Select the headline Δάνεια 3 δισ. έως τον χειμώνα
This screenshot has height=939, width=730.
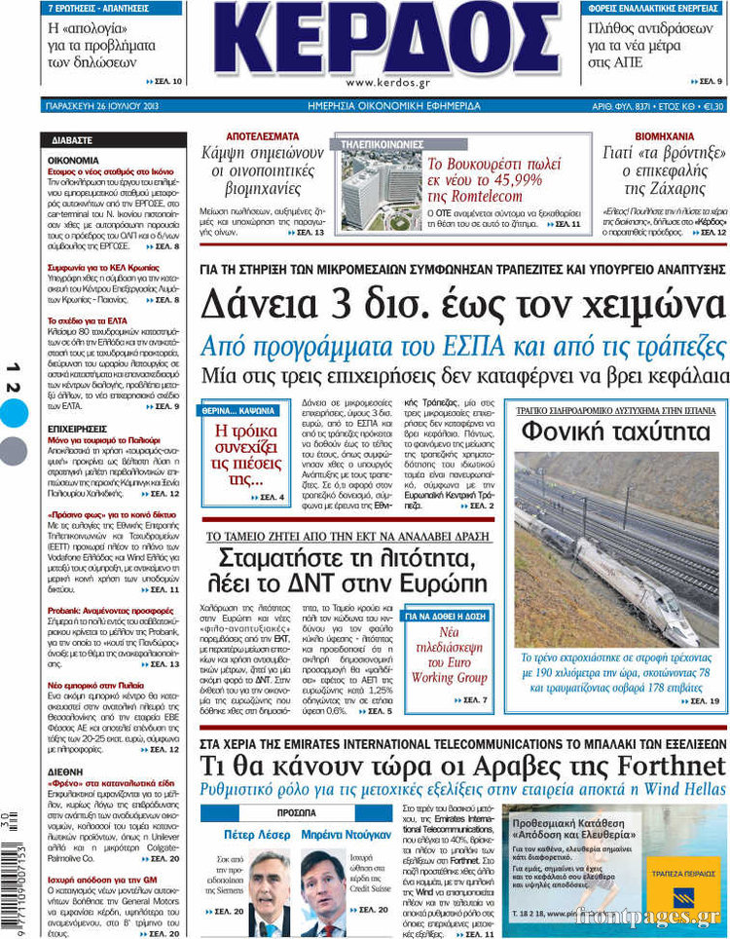(463, 304)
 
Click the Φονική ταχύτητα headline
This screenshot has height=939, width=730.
(615, 430)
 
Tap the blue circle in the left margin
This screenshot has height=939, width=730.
(14, 414)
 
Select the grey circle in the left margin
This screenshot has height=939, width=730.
(14, 450)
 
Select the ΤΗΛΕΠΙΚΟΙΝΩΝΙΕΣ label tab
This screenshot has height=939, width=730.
(383, 144)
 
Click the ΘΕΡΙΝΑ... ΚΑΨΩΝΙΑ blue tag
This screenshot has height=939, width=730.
(237, 410)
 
